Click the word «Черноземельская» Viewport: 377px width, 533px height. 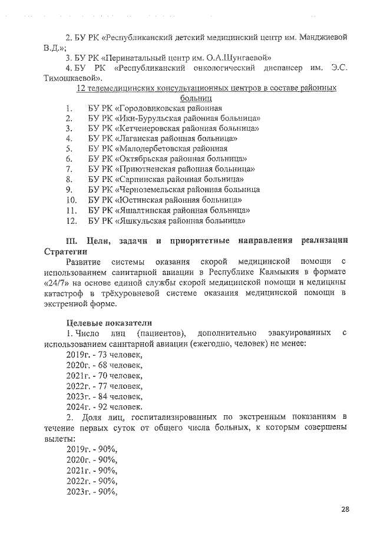[154, 190]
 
